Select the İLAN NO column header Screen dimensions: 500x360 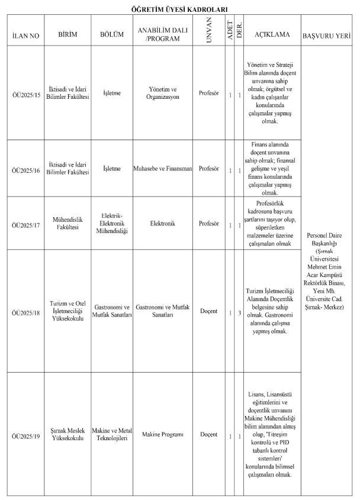(25, 36)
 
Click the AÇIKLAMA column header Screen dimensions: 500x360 (272, 35)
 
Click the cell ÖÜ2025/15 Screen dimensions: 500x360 (25, 93)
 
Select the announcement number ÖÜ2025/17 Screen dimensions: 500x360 (25, 224)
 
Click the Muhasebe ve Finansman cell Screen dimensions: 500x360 (163, 169)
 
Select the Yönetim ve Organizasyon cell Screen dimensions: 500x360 (163, 93)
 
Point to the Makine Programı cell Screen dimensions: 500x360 (163, 435)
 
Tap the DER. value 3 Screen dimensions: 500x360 (239, 312)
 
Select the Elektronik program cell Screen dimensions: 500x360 (163, 224)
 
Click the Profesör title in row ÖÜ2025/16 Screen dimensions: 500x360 (209, 169)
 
